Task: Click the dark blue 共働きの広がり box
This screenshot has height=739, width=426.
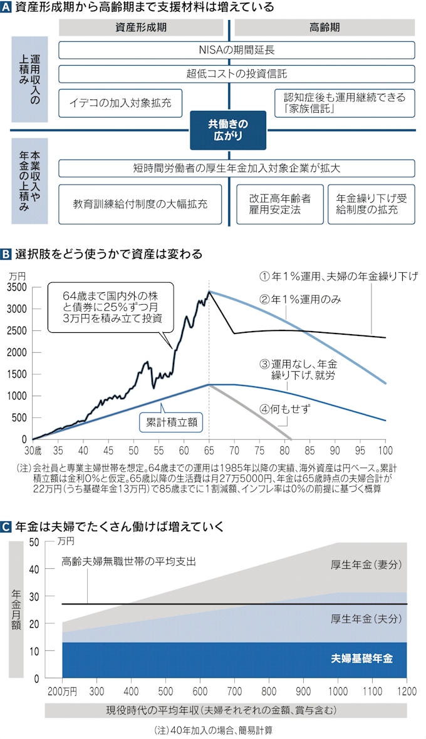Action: point(228,130)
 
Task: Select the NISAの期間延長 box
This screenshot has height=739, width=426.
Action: point(237,50)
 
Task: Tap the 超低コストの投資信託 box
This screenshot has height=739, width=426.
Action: point(237,74)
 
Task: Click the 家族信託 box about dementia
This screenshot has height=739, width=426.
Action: point(344,102)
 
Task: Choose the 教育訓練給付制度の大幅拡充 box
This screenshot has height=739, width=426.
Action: point(140,204)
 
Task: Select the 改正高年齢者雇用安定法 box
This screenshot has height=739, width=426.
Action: point(279,204)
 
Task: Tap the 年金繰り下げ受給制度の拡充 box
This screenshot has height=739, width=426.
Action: point(371,204)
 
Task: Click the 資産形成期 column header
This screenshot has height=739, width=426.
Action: point(141,28)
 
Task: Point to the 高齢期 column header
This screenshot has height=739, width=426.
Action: point(324,28)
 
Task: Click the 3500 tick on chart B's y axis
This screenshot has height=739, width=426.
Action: point(17,288)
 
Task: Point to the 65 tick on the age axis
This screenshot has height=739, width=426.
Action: point(209,449)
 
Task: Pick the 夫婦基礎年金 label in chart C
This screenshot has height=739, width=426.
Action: point(362,660)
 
